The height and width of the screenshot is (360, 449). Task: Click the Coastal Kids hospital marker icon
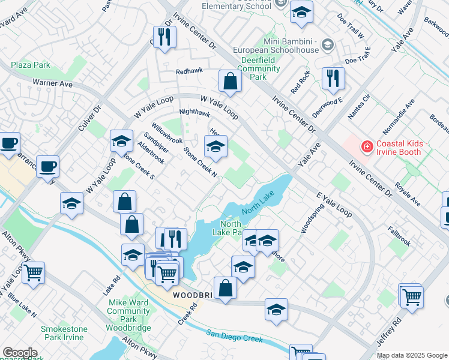pos(366,146)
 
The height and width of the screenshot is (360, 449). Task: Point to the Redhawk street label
pos(190,71)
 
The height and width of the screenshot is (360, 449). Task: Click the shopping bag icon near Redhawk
pos(229,80)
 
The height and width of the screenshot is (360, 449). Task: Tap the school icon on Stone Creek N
pos(215,146)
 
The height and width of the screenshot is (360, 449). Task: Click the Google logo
pos(20,353)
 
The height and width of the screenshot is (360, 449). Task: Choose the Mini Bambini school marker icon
pos(327,44)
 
